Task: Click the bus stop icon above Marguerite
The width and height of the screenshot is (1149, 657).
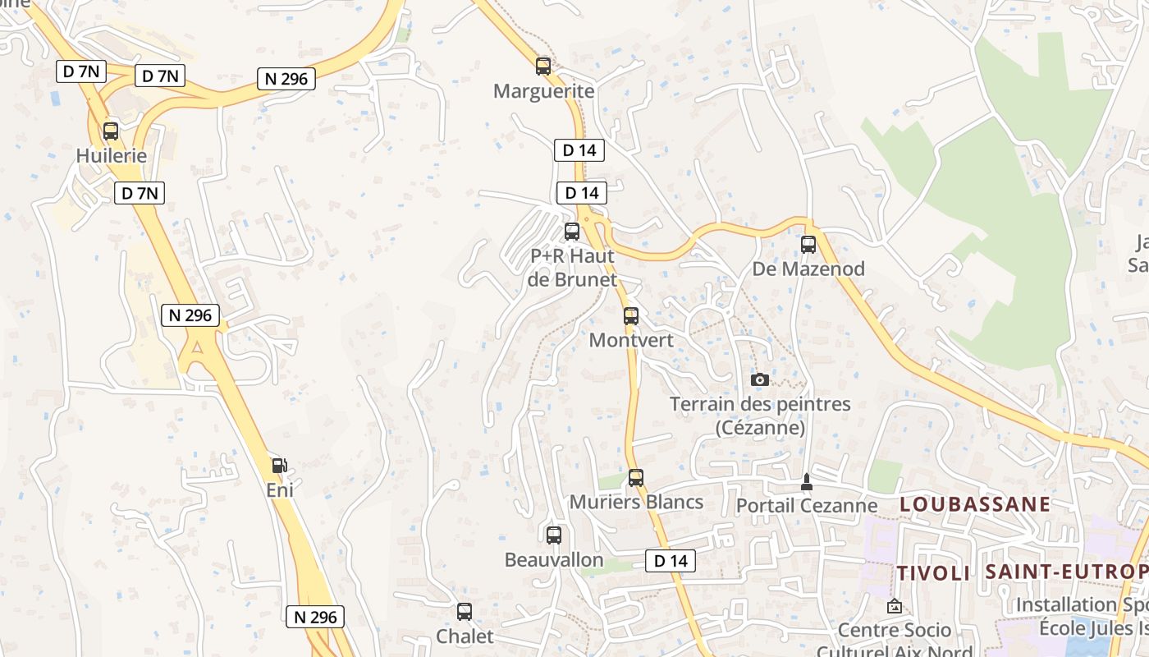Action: point(542,67)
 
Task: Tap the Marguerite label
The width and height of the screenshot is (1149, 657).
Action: point(543,91)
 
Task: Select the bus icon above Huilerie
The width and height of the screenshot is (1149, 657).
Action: point(111,131)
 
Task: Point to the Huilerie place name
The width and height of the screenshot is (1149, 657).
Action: point(111,156)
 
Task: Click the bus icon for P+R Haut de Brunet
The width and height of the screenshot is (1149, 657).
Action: point(572,232)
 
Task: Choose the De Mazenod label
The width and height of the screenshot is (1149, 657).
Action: point(808,269)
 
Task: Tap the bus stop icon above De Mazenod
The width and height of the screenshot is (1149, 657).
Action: point(808,245)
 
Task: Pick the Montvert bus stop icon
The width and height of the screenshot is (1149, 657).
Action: point(630,316)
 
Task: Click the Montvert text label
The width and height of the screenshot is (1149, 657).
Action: point(631,340)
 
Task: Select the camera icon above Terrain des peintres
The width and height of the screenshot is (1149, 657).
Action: point(760,379)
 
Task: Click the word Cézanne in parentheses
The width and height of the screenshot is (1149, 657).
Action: point(760,428)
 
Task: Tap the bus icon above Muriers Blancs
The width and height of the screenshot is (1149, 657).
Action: point(636,478)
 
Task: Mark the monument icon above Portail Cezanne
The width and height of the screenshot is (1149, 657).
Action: point(807,482)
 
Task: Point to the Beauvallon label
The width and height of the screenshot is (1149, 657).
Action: point(554,560)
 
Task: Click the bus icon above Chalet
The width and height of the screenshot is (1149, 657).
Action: point(465,612)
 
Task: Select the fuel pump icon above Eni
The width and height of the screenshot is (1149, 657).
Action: point(280,466)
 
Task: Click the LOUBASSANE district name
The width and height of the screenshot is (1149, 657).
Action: point(975,504)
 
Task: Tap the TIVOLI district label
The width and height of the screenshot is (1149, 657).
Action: point(933,573)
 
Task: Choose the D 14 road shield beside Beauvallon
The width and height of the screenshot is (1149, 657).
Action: point(671,561)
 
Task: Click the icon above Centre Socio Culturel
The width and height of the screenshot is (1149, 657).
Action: point(895,607)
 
